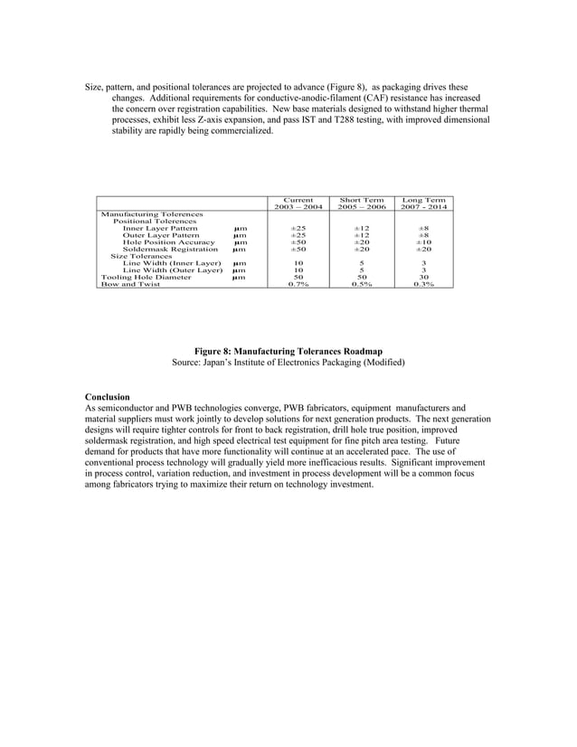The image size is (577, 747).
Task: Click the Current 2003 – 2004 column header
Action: pos(298,203)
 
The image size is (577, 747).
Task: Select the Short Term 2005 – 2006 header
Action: pos(361,203)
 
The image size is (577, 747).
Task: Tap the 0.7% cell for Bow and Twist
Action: pos(298,285)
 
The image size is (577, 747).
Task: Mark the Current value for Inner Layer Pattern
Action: pos(298,228)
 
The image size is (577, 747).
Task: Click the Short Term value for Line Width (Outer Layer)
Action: pos(361,270)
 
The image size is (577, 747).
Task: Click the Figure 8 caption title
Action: pos(288,351)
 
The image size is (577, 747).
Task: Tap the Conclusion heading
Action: pos(107,397)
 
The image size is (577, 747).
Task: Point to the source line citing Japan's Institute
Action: pos(288,362)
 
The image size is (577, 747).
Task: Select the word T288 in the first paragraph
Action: pos(357,119)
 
